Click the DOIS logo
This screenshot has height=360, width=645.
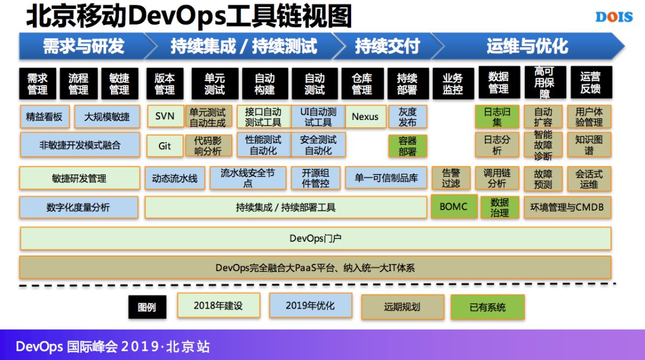614,17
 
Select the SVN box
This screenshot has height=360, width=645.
165,116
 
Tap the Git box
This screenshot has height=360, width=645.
165,146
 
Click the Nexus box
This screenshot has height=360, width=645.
365,116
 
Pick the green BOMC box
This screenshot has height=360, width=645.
454,207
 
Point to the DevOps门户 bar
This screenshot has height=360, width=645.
315,238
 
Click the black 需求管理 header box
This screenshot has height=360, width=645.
37,84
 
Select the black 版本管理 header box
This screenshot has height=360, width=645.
165,84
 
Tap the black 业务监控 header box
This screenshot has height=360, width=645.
453,84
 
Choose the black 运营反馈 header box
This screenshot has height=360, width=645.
590,84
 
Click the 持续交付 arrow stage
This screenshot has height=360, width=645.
387,46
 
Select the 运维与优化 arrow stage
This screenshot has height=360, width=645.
527,46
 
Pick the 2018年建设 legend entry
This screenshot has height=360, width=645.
219,305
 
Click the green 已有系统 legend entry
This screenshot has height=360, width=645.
487,307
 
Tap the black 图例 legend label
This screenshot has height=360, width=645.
147,307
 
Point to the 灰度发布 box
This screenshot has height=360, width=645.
407,116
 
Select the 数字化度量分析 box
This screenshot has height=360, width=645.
78,207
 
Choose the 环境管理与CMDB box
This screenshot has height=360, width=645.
567,207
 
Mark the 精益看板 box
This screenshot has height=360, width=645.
44,116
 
